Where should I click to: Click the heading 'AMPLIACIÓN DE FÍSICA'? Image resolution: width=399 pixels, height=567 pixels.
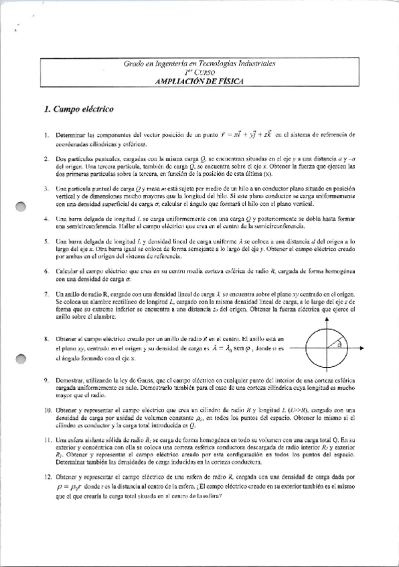199,80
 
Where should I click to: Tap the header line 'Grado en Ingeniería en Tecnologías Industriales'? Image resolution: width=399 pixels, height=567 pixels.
199,63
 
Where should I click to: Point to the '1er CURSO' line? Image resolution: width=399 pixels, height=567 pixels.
199,72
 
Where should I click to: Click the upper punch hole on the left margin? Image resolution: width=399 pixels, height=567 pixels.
19,207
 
